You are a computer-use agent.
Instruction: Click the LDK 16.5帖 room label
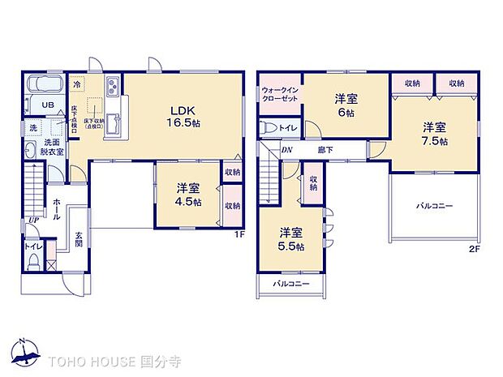(x=180, y=116)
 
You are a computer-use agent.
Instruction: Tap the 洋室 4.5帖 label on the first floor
(x=188, y=195)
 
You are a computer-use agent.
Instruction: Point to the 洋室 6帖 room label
(x=346, y=105)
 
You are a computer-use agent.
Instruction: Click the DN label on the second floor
(x=286, y=150)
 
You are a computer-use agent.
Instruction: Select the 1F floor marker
(x=239, y=235)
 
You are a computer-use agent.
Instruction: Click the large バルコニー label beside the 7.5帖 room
(x=435, y=206)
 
